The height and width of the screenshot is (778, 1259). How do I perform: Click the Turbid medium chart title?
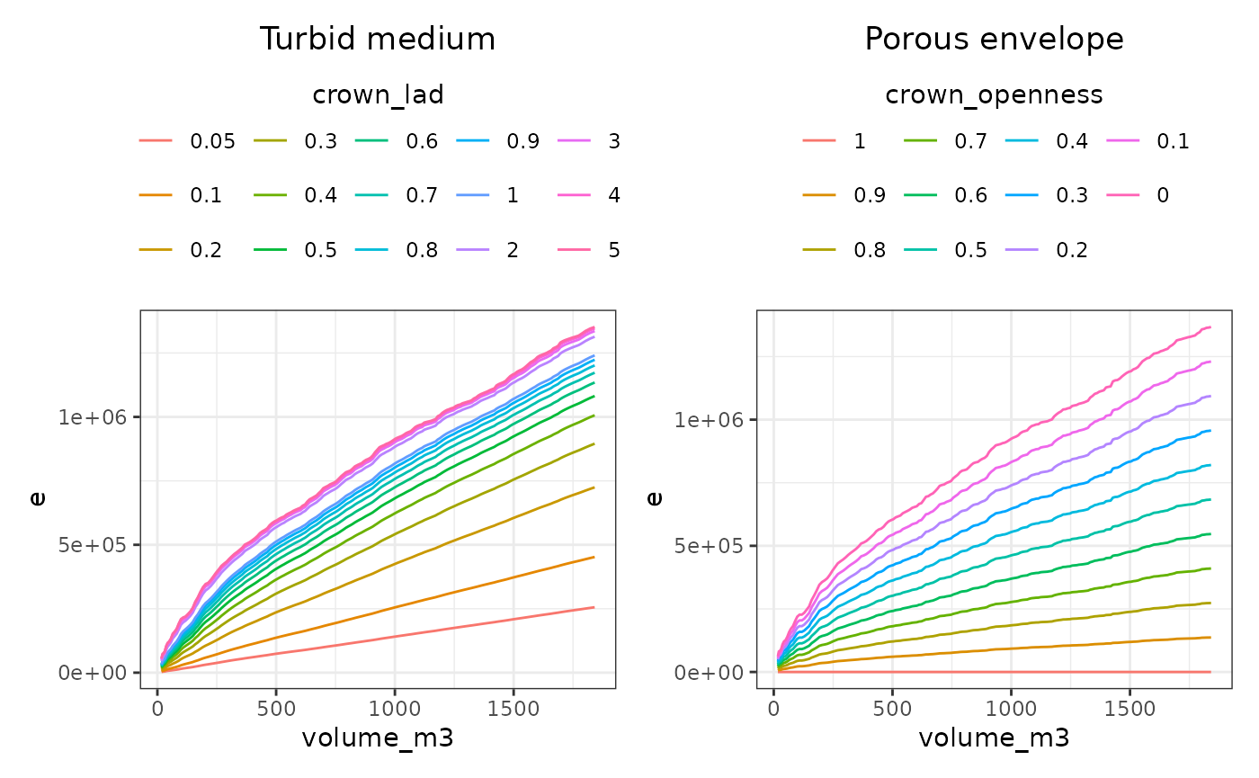pyautogui.click(x=378, y=40)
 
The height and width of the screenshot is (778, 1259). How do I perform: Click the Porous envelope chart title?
pyautogui.click(x=994, y=40)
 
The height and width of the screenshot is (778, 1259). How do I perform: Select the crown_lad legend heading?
pyautogui.click(x=378, y=95)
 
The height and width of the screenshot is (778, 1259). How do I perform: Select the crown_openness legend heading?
pyautogui.click(x=994, y=95)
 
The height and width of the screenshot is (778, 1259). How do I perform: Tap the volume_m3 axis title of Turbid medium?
pyautogui.click(x=378, y=739)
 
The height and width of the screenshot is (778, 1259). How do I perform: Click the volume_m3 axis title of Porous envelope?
pyautogui.click(x=994, y=739)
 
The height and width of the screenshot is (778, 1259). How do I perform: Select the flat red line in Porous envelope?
pyautogui.click(x=989, y=672)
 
